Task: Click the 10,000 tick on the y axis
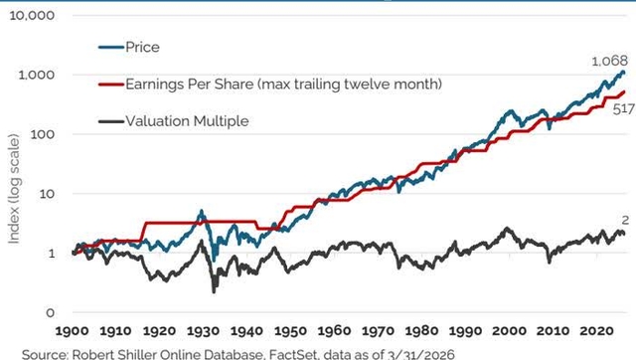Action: tap(32, 17)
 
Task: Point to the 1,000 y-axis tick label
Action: tap(37, 76)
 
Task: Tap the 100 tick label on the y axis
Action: tap(43, 134)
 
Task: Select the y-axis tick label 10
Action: tap(47, 193)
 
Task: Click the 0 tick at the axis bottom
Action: tap(51, 311)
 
